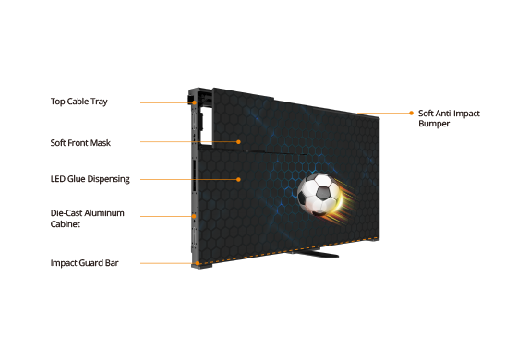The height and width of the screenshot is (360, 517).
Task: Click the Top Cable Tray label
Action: click(x=79, y=102)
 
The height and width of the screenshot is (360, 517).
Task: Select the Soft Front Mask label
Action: click(x=80, y=143)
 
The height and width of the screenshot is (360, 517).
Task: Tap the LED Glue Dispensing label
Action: click(x=90, y=179)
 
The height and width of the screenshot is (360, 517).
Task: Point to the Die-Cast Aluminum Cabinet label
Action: click(x=88, y=218)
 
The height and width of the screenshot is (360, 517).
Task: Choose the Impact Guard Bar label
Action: click(x=84, y=263)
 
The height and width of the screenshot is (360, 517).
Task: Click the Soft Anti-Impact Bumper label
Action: click(x=449, y=118)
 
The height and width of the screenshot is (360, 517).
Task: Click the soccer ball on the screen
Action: click(x=319, y=194)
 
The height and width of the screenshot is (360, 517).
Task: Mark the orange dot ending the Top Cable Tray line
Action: click(x=195, y=102)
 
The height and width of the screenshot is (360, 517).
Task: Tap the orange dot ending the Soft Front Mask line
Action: click(x=238, y=142)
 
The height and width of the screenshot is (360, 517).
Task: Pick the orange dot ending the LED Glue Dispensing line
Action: click(x=238, y=179)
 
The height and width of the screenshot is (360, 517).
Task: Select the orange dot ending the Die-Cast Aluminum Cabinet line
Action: click(x=194, y=216)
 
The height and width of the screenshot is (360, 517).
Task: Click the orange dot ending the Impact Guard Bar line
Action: click(x=198, y=263)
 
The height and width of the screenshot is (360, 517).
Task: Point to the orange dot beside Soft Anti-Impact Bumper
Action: click(x=411, y=113)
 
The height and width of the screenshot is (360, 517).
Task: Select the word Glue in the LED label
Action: click(x=75, y=179)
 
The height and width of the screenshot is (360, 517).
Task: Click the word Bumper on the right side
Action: click(x=434, y=124)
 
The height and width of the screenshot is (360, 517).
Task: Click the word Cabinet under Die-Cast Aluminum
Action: click(x=66, y=223)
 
